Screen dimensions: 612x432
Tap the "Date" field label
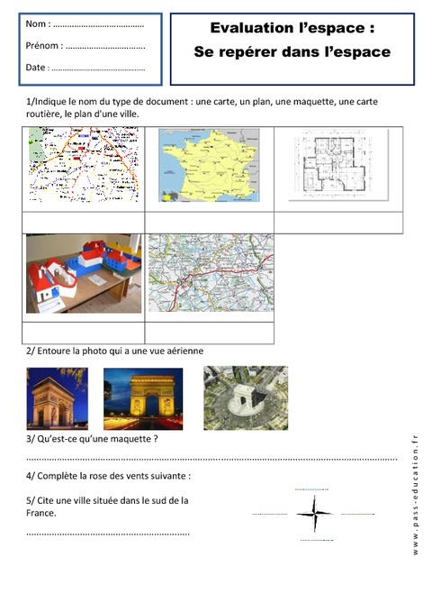(x=37, y=67)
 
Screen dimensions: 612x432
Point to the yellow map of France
(x=209, y=165)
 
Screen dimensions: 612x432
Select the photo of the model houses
(x=84, y=274)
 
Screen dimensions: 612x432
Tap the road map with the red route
(x=210, y=273)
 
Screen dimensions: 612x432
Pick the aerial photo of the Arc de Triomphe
(x=245, y=397)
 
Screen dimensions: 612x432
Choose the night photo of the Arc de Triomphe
(x=143, y=398)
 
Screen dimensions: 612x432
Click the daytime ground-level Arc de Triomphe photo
(x=58, y=398)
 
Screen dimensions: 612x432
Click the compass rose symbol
(x=314, y=515)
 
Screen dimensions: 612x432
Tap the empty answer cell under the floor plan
(x=338, y=222)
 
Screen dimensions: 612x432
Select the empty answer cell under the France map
(x=209, y=222)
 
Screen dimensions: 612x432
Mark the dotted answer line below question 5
(x=108, y=534)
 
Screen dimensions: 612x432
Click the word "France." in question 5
(x=41, y=513)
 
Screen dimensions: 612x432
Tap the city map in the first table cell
(x=84, y=165)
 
